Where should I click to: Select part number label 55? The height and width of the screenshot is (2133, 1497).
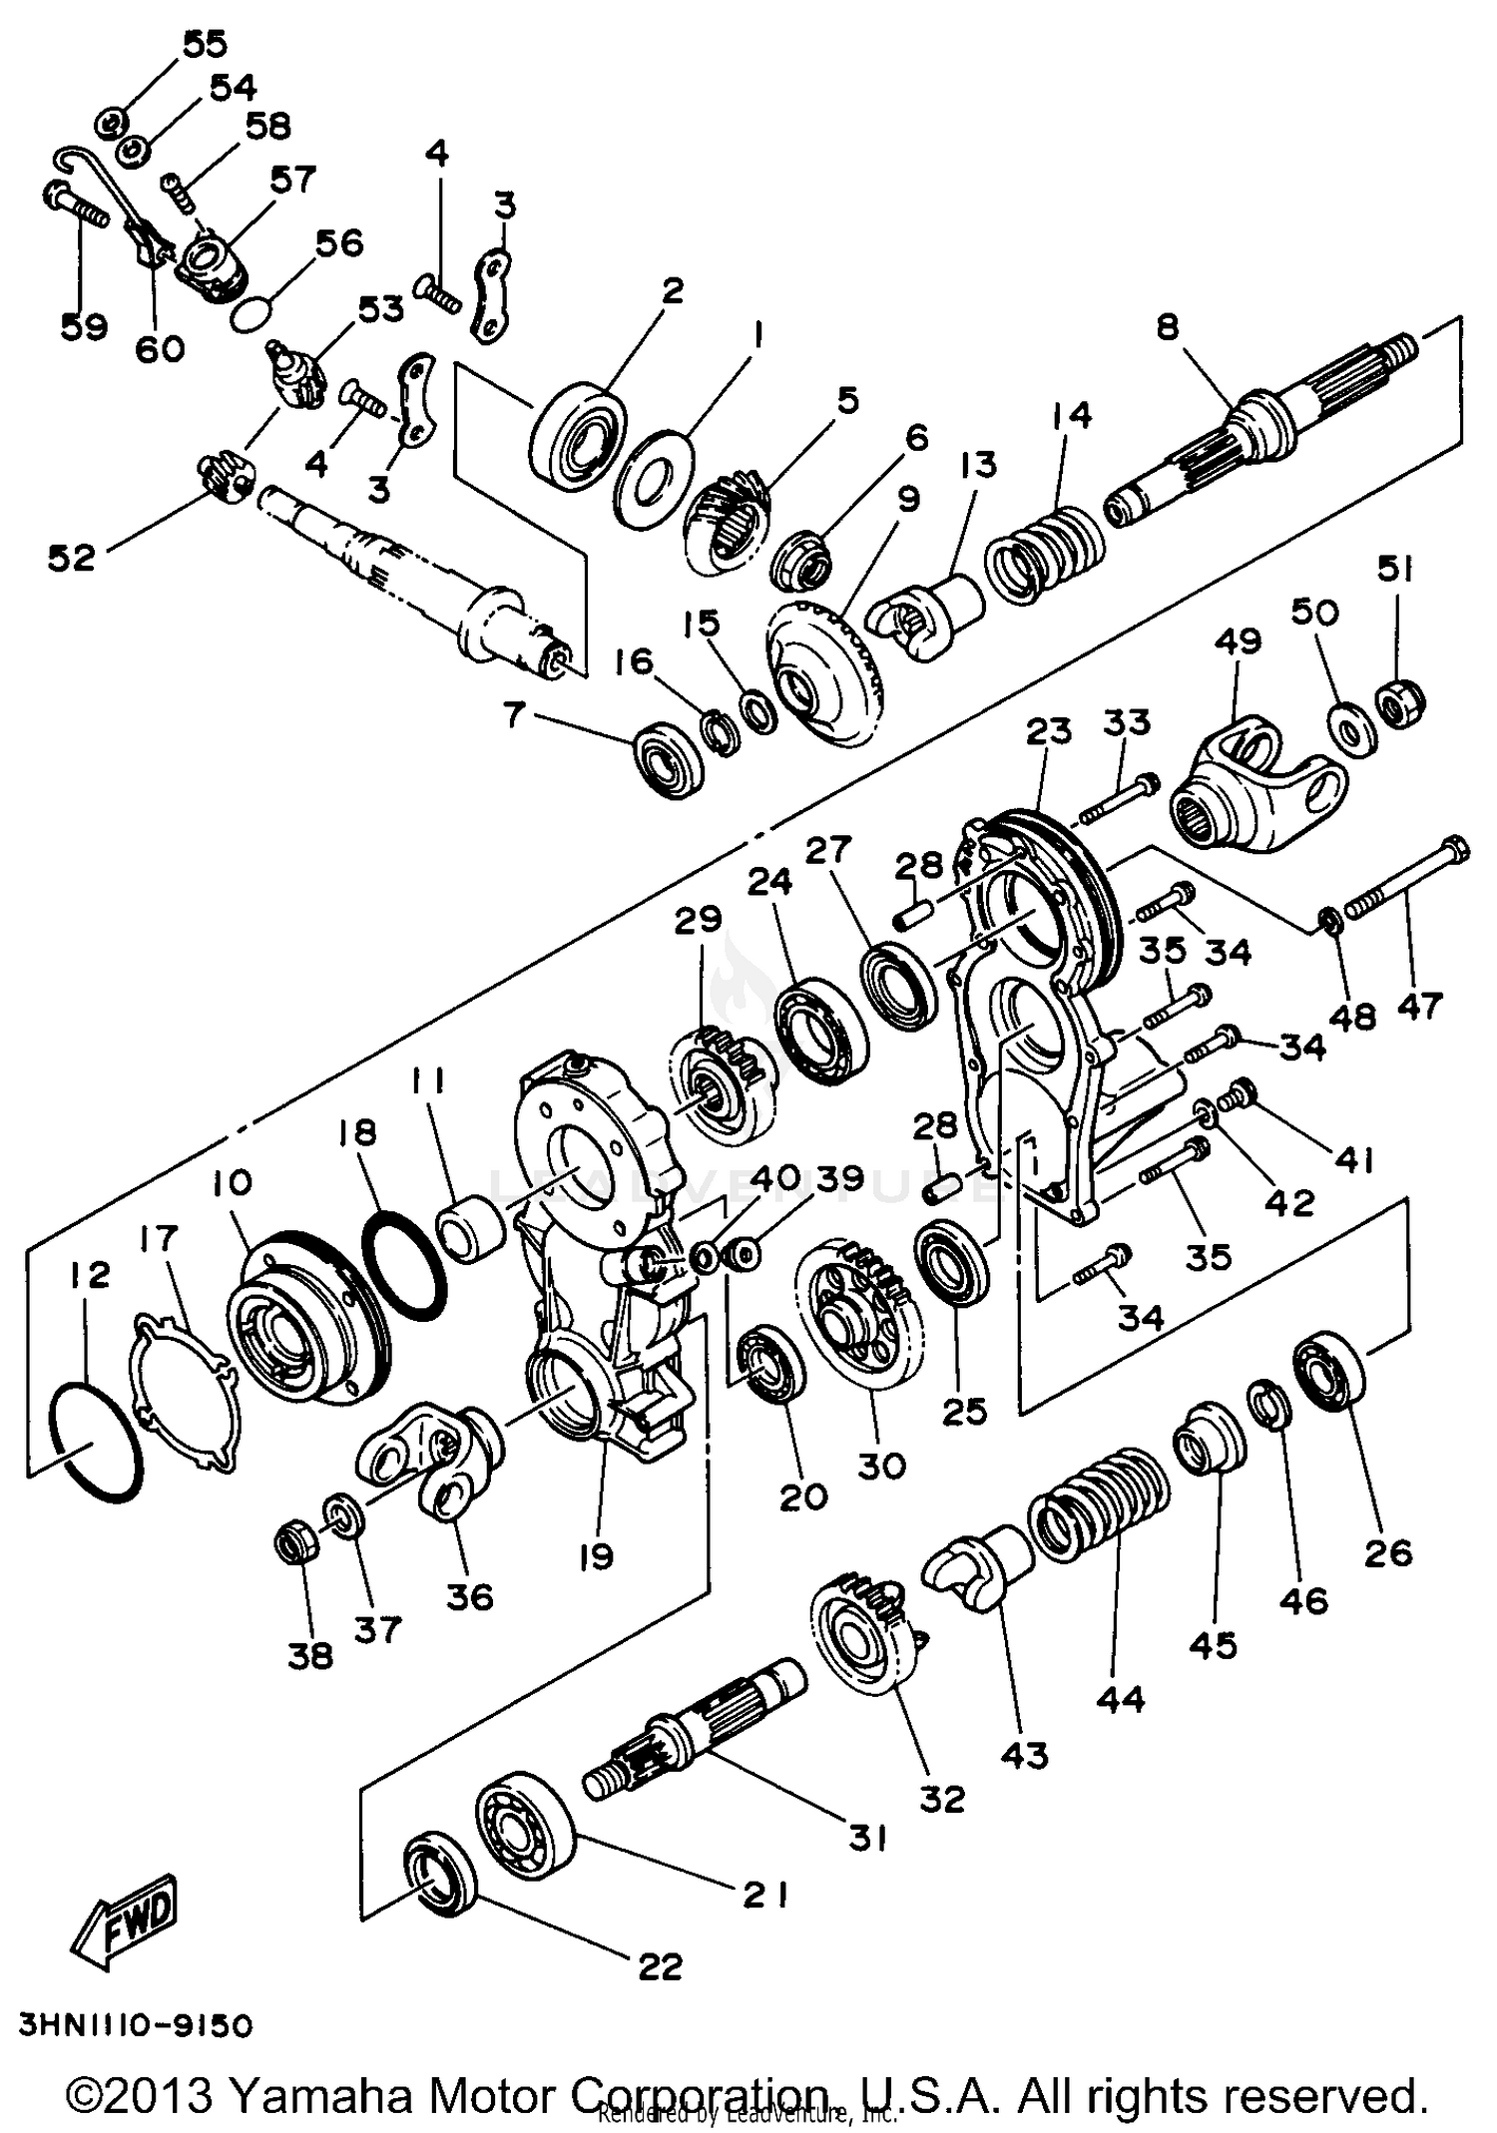pos(205,44)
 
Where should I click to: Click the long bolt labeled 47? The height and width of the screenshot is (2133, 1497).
pos(1407,878)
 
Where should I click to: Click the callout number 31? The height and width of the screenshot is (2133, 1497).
pos(867,1837)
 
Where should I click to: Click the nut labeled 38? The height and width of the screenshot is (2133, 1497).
pos(295,1547)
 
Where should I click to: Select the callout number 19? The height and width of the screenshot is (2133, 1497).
pos(596,1555)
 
